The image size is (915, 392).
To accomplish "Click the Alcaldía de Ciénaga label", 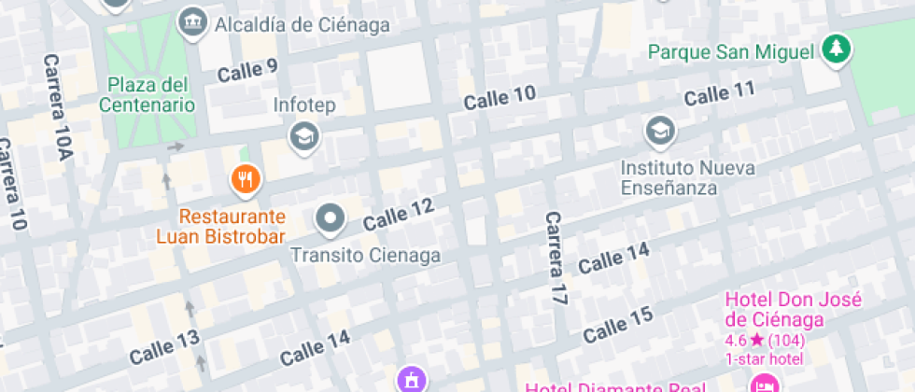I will click(x=302, y=25).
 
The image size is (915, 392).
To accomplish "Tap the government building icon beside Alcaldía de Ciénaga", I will click(x=193, y=21).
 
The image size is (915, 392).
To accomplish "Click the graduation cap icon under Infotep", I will click(x=303, y=137).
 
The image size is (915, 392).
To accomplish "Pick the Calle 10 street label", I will click(x=500, y=96).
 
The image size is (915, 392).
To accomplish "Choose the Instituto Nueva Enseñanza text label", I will click(x=689, y=177).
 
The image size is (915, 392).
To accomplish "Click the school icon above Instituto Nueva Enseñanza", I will click(x=660, y=132).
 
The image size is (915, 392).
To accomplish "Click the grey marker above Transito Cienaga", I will click(x=330, y=220).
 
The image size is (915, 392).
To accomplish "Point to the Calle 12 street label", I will click(x=399, y=216).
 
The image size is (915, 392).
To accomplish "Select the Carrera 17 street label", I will click(x=556, y=259).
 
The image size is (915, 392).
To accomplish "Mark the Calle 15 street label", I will click(x=617, y=324).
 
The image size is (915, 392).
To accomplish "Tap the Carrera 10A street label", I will click(x=58, y=106).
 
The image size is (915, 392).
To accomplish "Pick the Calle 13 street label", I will click(x=164, y=347).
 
